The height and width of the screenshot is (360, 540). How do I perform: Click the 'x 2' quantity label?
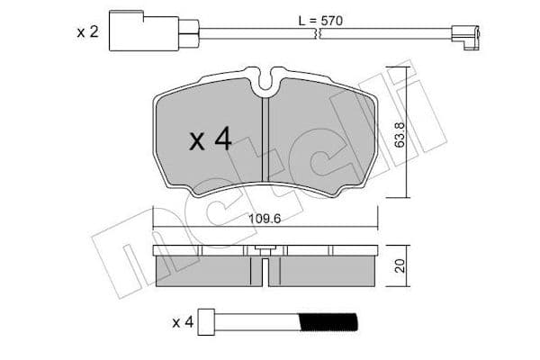click(x=88, y=32)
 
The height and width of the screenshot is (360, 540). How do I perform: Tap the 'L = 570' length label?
click(x=320, y=21)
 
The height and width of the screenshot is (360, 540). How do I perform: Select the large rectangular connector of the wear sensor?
click(x=144, y=31)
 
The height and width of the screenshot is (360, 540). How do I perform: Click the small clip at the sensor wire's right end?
click(x=465, y=37)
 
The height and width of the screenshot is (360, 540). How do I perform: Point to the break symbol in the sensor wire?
click(x=319, y=33)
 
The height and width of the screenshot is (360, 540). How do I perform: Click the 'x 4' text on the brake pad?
click(x=211, y=139)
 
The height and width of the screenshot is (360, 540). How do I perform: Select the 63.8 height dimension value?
click(x=399, y=134)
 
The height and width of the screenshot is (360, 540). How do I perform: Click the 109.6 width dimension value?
click(x=265, y=219)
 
